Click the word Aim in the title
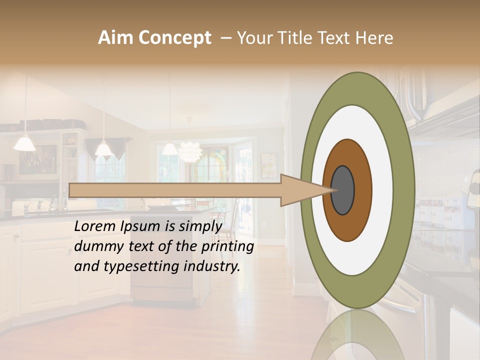(115, 38)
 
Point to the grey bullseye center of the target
(343, 190)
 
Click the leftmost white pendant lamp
(24, 144)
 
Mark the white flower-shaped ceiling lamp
(189, 151)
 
